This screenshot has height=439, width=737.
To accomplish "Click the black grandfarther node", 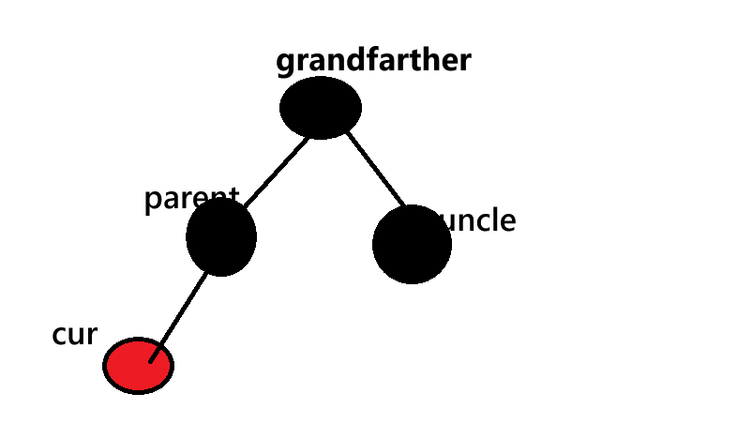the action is [x=321, y=107].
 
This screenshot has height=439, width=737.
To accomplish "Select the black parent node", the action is [x=221, y=236].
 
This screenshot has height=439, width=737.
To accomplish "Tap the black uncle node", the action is [x=412, y=244].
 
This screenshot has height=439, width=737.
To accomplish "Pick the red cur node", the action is [x=137, y=366].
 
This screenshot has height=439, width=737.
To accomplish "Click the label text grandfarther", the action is [x=373, y=61].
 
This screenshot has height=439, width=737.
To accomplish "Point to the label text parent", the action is [x=191, y=199].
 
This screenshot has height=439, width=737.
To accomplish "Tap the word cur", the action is [x=74, y=334].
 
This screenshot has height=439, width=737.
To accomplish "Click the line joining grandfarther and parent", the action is [x=271, y=169].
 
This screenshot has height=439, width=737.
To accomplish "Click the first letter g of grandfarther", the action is [x=285, y=64].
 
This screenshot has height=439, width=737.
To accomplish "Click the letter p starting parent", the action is [x=153, y=202].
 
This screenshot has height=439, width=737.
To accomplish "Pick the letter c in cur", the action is [x=59, y=335].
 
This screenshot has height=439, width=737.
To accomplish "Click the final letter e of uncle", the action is [x=508, y=222].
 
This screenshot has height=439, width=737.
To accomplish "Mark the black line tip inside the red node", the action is [x=152, y=357].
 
